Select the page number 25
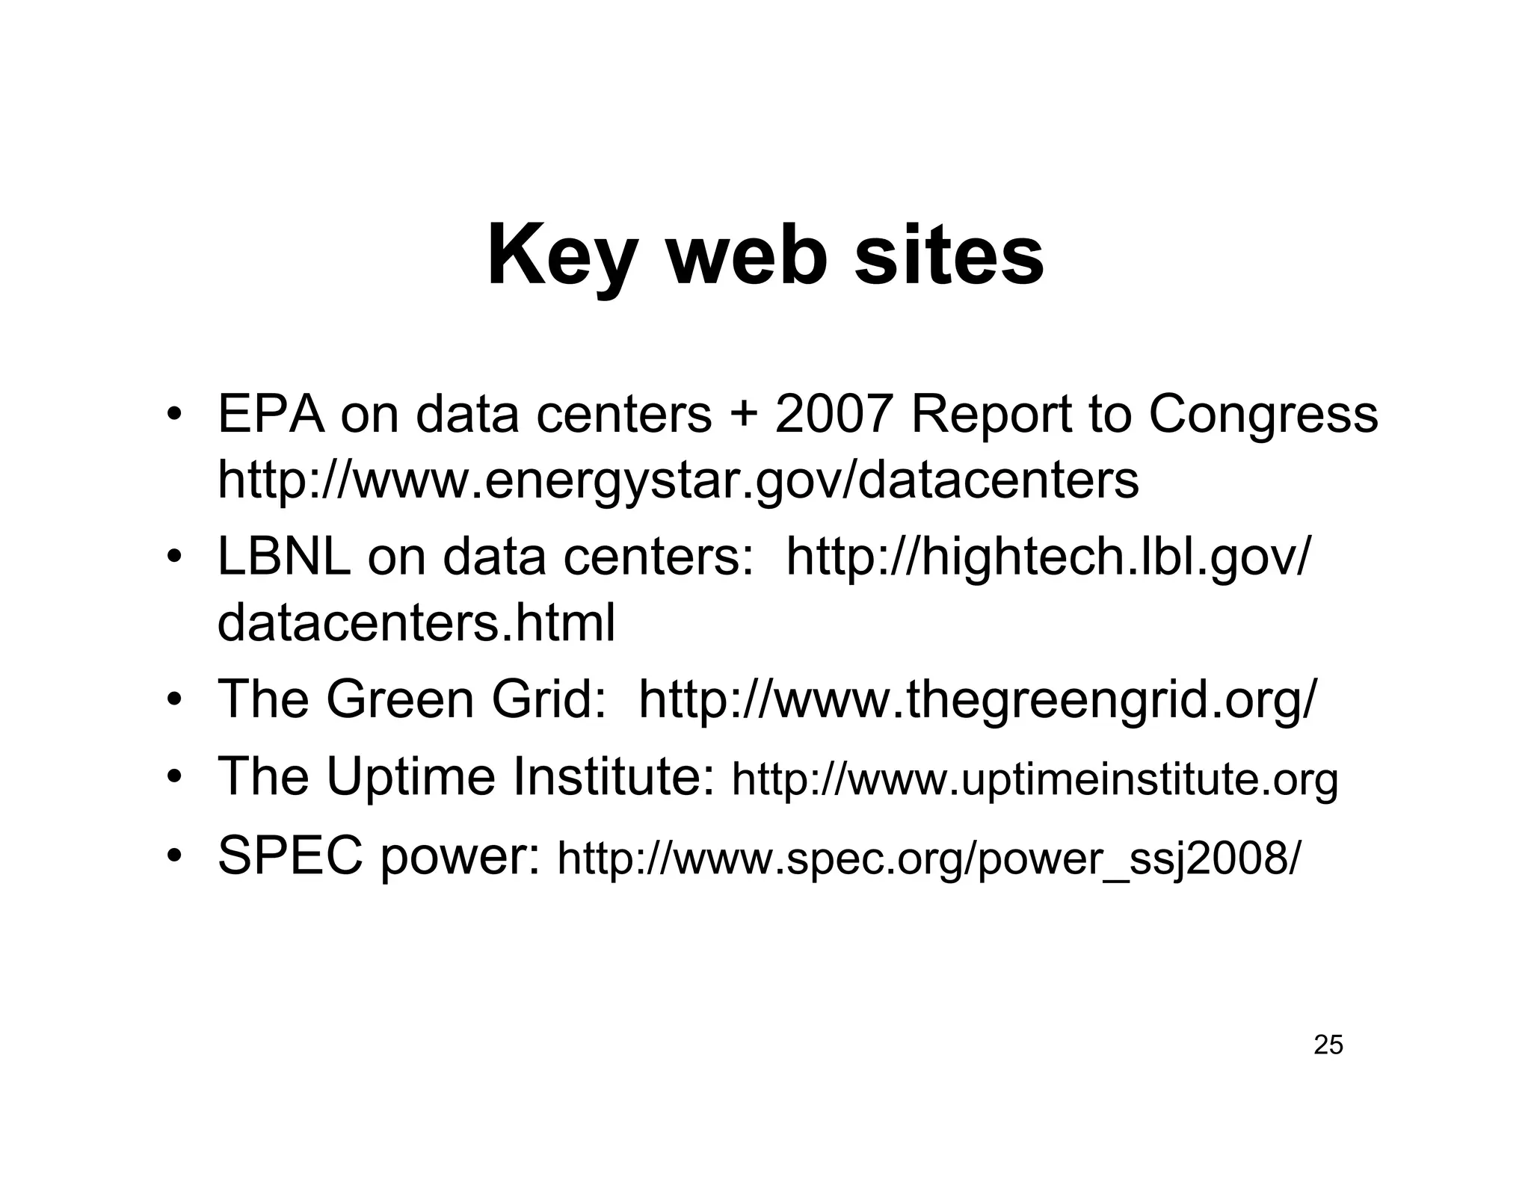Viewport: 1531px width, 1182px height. (x=1328, y=1045)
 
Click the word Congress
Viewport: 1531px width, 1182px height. (x=1263, y=415)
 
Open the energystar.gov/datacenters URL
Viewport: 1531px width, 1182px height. (x=678, y=480)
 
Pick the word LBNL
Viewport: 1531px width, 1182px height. (x=283, y=557)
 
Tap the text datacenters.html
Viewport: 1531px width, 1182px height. (x=416, y=623)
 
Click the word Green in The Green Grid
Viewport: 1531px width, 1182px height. (x=400, y=699)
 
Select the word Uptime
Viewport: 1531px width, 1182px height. (x=410, y=776)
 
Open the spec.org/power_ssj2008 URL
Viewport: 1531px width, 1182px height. (x=928, y=859)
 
